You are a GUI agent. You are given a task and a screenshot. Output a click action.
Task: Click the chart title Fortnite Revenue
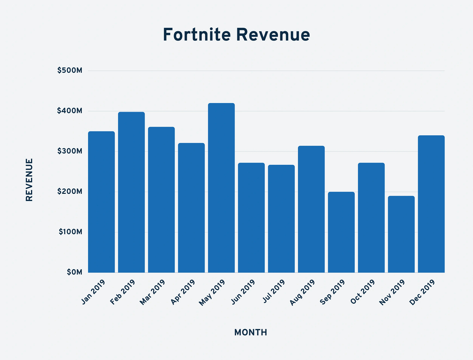(x=236, y=35)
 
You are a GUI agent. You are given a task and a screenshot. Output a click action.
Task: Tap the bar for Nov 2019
(x=401, y=234)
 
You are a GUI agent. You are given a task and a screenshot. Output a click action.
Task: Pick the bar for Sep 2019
(x=341, y=232)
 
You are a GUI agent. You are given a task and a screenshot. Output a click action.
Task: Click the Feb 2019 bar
(x=131, y=192)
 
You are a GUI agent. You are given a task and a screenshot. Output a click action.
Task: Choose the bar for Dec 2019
(x=431, y=204)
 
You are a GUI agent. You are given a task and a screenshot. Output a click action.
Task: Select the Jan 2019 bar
(x=101, y=202)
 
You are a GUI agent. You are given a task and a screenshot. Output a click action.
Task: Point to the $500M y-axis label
(x=70, y=71)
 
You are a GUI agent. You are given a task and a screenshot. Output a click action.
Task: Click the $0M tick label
(x=74, y=272)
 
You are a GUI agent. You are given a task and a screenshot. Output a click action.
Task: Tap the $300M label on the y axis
(x=70, y=151)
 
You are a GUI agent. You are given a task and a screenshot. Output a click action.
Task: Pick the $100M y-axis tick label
(x=70, y=232)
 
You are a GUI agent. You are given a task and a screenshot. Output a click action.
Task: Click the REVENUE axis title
(x=29, y=180)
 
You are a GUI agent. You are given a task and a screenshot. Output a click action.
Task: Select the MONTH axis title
(x=250, y=332)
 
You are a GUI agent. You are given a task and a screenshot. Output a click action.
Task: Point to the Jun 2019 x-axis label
(x=243, y=292)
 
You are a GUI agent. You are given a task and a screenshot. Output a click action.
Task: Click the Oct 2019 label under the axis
(x=363, y=292)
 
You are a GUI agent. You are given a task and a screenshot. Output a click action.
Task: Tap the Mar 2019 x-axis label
(x=152, y=292)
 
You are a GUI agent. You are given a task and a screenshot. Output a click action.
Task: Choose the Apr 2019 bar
(x=191, y=208)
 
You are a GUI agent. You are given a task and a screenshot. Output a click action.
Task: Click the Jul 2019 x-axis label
(x=274, y=291)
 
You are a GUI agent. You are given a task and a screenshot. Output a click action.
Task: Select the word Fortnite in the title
(x=197, y=35)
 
